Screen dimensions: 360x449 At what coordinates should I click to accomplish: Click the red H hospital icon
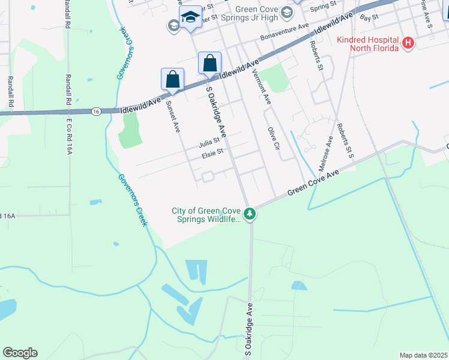tap(408, 43)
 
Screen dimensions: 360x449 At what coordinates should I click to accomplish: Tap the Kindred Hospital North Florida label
tap(367, 43)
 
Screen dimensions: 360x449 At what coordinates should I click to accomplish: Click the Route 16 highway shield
tap(96, 111)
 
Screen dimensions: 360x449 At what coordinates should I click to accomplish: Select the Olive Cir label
tap(274, 138)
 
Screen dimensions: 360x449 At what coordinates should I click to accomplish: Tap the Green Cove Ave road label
tap(313, 182)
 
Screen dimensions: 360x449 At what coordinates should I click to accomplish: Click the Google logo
tap(20, 353)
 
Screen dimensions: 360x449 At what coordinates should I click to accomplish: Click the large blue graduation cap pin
tap(191, 18)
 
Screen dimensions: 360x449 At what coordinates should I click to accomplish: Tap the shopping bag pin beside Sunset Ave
tap(173, 80)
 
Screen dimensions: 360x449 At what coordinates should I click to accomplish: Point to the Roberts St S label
tap(345, 139)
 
